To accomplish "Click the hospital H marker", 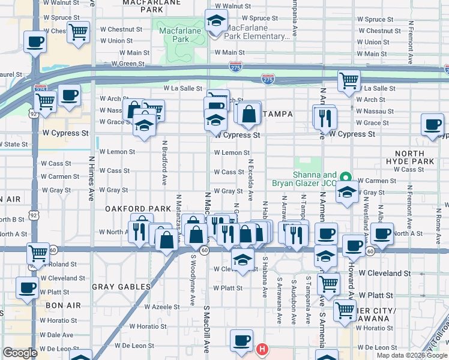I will click(262, 349).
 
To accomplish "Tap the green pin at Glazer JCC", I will click(345, 177).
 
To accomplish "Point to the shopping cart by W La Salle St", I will click(348, 80).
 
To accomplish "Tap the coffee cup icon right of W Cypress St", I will click(432, 125).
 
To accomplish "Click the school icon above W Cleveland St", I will click(242, 260).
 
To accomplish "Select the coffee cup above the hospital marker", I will click(241, 340).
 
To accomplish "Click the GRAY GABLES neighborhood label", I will click(121, 287).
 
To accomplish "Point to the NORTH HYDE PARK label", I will click(414, 157).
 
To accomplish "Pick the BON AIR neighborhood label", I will click(62, 305).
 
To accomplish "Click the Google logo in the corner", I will click(20, 353).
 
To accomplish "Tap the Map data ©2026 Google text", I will click(412, 355).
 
